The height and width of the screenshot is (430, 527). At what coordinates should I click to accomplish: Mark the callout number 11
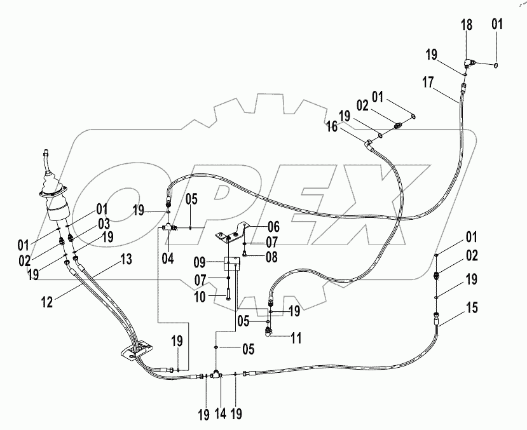click(296, 339)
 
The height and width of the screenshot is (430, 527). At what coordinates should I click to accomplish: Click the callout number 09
click(199, 262)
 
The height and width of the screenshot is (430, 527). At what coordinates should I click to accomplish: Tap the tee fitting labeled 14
click(216, 375)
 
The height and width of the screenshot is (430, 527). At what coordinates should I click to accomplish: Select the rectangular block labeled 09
click(232, 262)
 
